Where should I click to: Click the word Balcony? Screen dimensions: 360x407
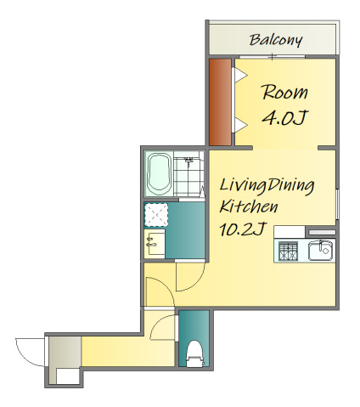276,40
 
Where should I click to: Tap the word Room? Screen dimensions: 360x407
284,92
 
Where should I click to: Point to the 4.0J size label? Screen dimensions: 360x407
284,117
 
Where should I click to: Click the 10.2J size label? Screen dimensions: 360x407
244,229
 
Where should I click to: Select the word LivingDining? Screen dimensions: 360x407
267,186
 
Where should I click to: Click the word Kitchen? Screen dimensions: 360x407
249,206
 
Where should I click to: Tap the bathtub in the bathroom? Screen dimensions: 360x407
159,174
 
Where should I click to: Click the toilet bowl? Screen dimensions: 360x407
194,354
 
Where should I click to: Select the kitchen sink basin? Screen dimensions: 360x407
320,251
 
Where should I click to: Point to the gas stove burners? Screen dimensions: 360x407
288,251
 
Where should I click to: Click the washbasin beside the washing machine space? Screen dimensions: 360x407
155,244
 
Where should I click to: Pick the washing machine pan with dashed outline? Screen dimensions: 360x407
156,215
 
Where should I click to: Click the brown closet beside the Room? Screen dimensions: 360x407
220,102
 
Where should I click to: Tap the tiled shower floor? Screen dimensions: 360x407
188,177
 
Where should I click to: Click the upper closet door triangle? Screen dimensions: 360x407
240,76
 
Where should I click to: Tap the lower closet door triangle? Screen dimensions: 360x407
240,125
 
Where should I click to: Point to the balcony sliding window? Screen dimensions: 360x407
273,57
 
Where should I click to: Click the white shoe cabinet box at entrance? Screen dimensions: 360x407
68,376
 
